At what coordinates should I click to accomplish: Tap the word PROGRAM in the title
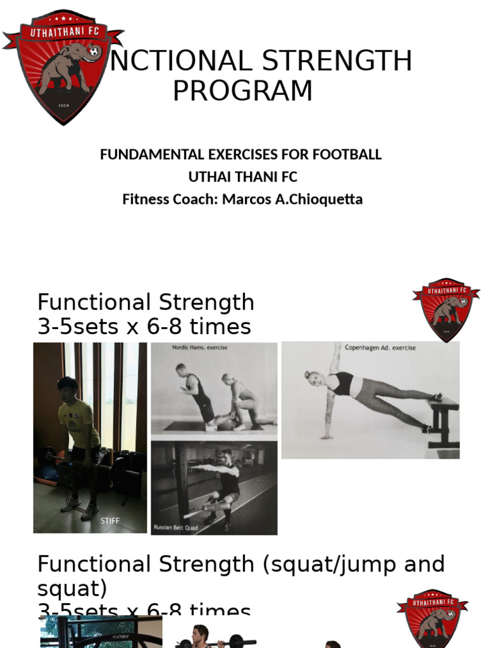click(243, 90)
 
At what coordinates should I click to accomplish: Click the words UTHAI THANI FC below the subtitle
click(243, 177)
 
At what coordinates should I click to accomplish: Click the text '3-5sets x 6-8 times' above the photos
click(144, 327)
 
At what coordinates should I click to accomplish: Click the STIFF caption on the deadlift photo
click(109, 520)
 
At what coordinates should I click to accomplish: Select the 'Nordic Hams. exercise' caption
click(199, 347)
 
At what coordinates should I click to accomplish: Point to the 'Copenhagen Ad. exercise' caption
click(381, 347)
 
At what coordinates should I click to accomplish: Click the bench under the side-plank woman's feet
click(444, 418)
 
